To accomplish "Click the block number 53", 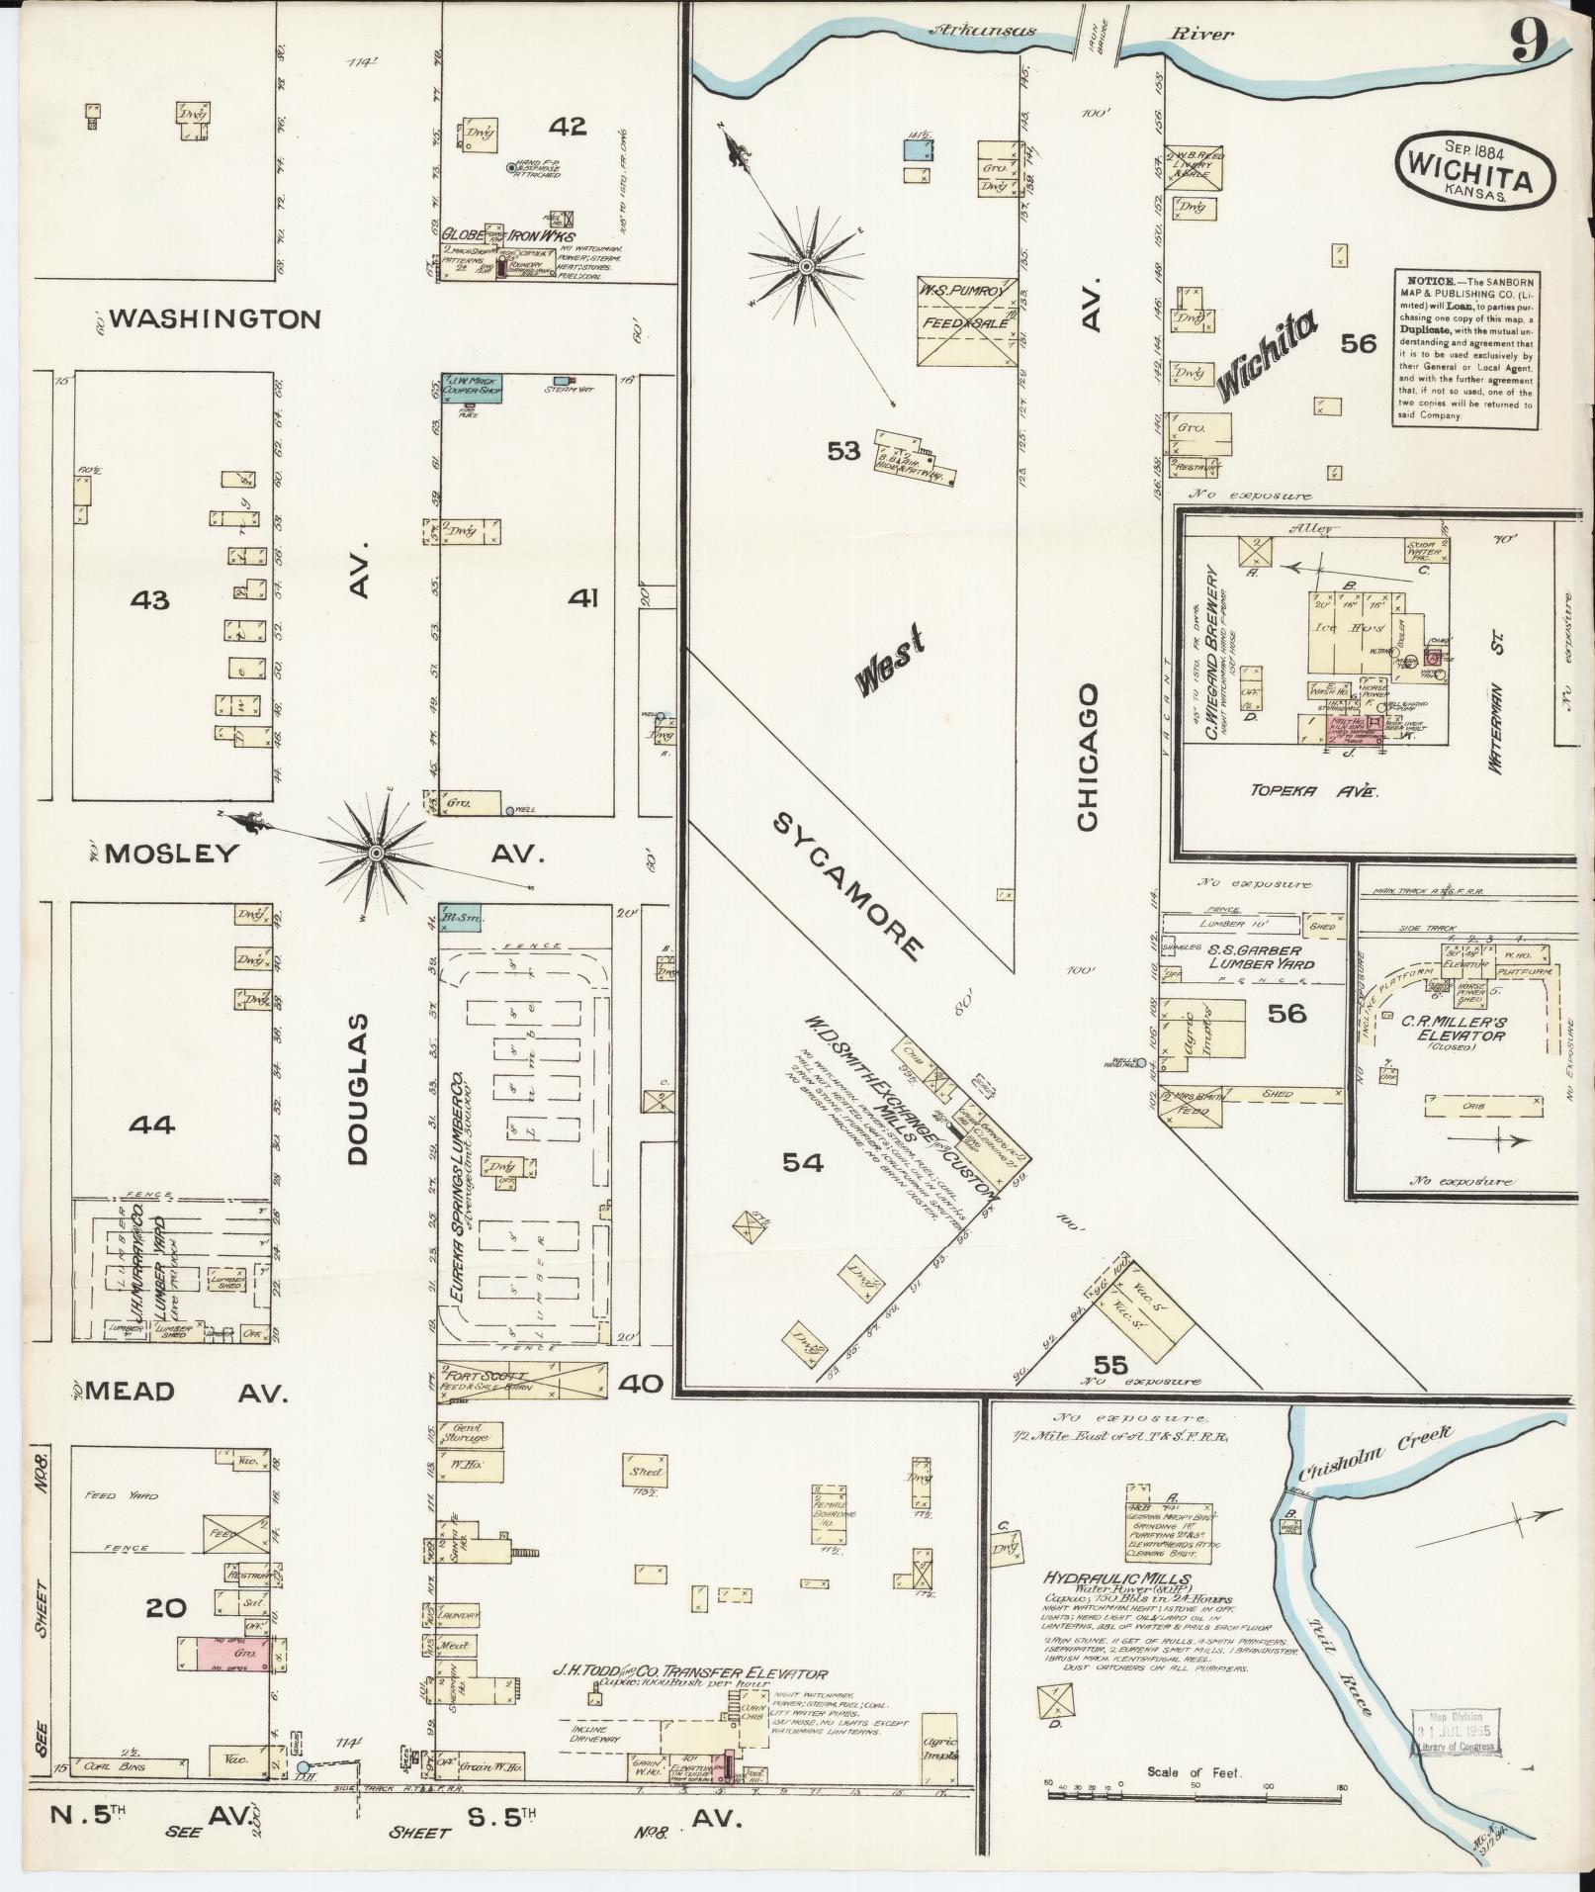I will click(x=844, y=451).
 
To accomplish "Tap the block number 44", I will click(x=151, y=1125).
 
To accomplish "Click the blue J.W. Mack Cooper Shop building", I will click(x=471, y=386).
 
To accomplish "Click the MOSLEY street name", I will click(x=171, y=854).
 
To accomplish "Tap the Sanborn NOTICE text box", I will click(x=1465, y=347).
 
